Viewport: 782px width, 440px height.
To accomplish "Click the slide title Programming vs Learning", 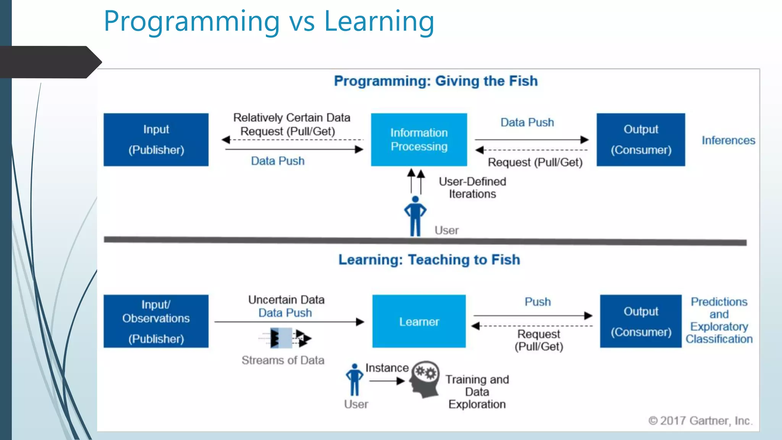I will pos(269,21).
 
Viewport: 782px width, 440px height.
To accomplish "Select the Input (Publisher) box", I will pos(156,139).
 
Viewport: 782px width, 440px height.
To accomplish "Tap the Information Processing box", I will pos(419,139).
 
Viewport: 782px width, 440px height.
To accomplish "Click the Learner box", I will pos(419,321).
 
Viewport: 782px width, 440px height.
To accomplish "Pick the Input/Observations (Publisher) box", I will pos(156,321).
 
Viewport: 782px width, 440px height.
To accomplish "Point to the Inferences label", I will pos(728,140).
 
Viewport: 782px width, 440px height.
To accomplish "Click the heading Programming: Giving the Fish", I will pos(436,81).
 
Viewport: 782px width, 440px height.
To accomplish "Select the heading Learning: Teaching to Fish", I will pos(429,260).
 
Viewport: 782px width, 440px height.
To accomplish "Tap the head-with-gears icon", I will pos(425,379).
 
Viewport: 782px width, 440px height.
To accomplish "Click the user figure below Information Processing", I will pos(415,216).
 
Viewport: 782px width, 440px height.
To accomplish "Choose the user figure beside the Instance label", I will pos(354,380).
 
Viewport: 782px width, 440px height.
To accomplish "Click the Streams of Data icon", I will pos(286,338).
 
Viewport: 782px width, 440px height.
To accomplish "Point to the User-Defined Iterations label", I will pos(472,188).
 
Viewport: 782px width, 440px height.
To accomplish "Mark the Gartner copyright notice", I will pos(700,421).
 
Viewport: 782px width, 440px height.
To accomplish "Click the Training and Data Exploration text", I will pos(477,392).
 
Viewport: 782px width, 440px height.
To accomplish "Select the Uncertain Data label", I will pos(286,300).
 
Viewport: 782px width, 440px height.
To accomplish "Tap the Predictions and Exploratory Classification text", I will pos(719,320).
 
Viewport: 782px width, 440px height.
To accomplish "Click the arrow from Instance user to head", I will pos(387,381).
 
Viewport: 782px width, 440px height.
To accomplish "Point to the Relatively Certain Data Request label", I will pos(291,124).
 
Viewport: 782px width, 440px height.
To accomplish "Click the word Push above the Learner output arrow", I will pos(538,302).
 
